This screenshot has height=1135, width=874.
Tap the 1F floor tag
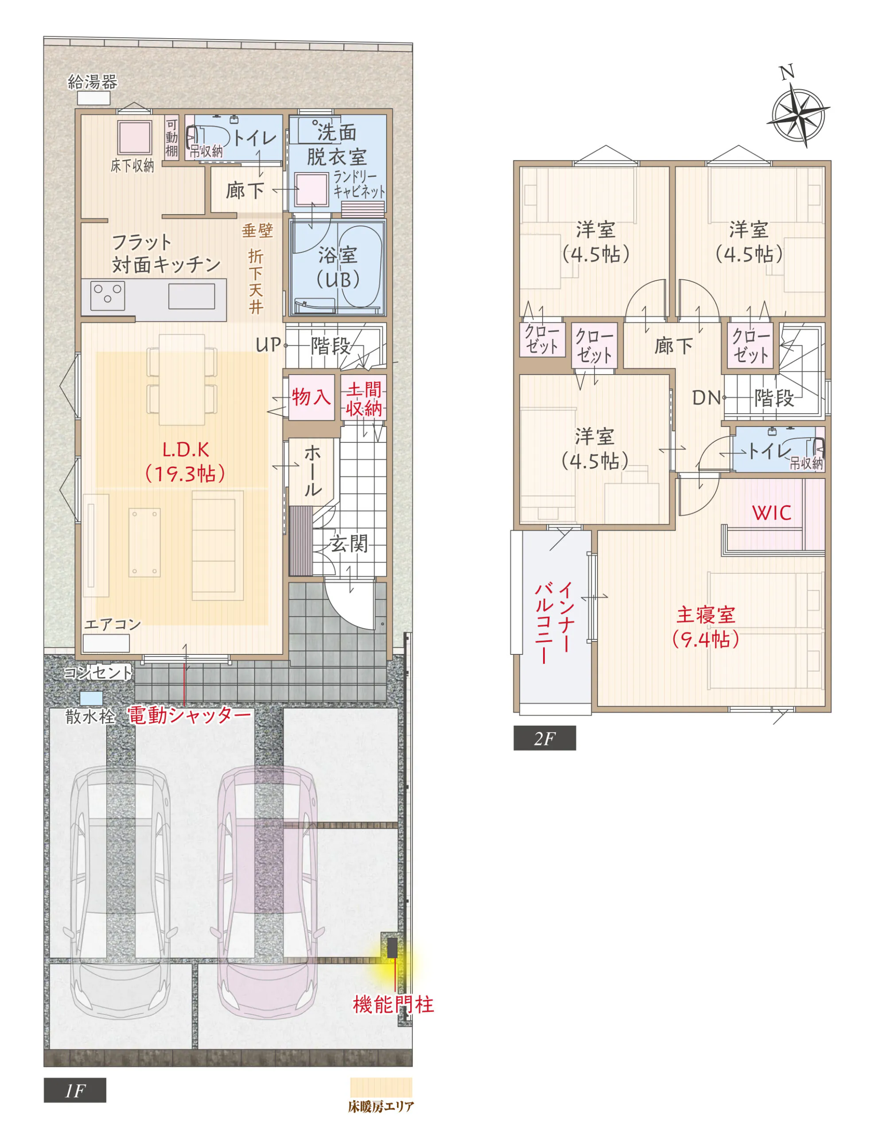75,1090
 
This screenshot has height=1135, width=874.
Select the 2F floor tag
544,738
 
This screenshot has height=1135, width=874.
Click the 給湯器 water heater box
93,98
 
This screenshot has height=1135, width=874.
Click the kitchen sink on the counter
191,296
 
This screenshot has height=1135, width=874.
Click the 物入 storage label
311,397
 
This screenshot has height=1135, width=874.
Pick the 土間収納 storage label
364,399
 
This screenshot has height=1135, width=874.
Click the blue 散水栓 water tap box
91,698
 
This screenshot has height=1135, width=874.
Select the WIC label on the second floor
772,513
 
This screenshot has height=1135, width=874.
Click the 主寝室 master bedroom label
706,615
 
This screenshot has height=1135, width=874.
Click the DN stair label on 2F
706,398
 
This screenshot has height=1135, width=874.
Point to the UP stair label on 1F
268,344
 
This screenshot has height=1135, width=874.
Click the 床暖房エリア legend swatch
381,1087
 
